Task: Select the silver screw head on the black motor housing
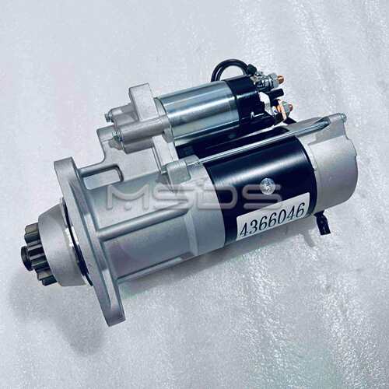point(265,184)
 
